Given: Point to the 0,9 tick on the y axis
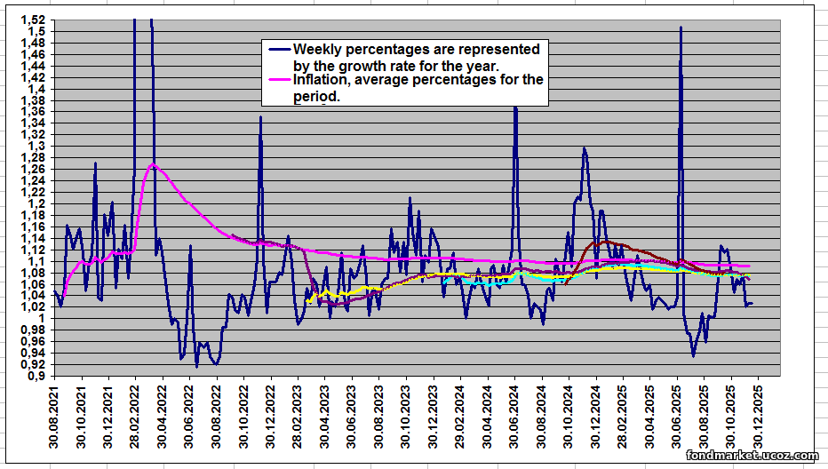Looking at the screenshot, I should [37, 376].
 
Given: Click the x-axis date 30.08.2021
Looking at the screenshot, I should [55, 417].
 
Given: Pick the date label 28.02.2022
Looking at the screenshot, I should [136, 417].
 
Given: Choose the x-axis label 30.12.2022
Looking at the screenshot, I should [271, 417].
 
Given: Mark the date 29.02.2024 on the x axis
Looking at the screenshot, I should [460, 417].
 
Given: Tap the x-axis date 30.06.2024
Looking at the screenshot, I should [514, 417].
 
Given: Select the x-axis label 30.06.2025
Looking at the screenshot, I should [677, 417].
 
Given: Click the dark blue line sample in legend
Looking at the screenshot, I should [279, 49].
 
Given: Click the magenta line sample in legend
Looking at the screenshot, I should [279, 80].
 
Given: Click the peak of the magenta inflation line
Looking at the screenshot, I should [153, 164].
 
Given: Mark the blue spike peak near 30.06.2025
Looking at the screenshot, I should [681, 28].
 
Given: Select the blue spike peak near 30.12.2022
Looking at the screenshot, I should [260, 117].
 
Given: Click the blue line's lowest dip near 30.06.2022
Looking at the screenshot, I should [196, 366].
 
